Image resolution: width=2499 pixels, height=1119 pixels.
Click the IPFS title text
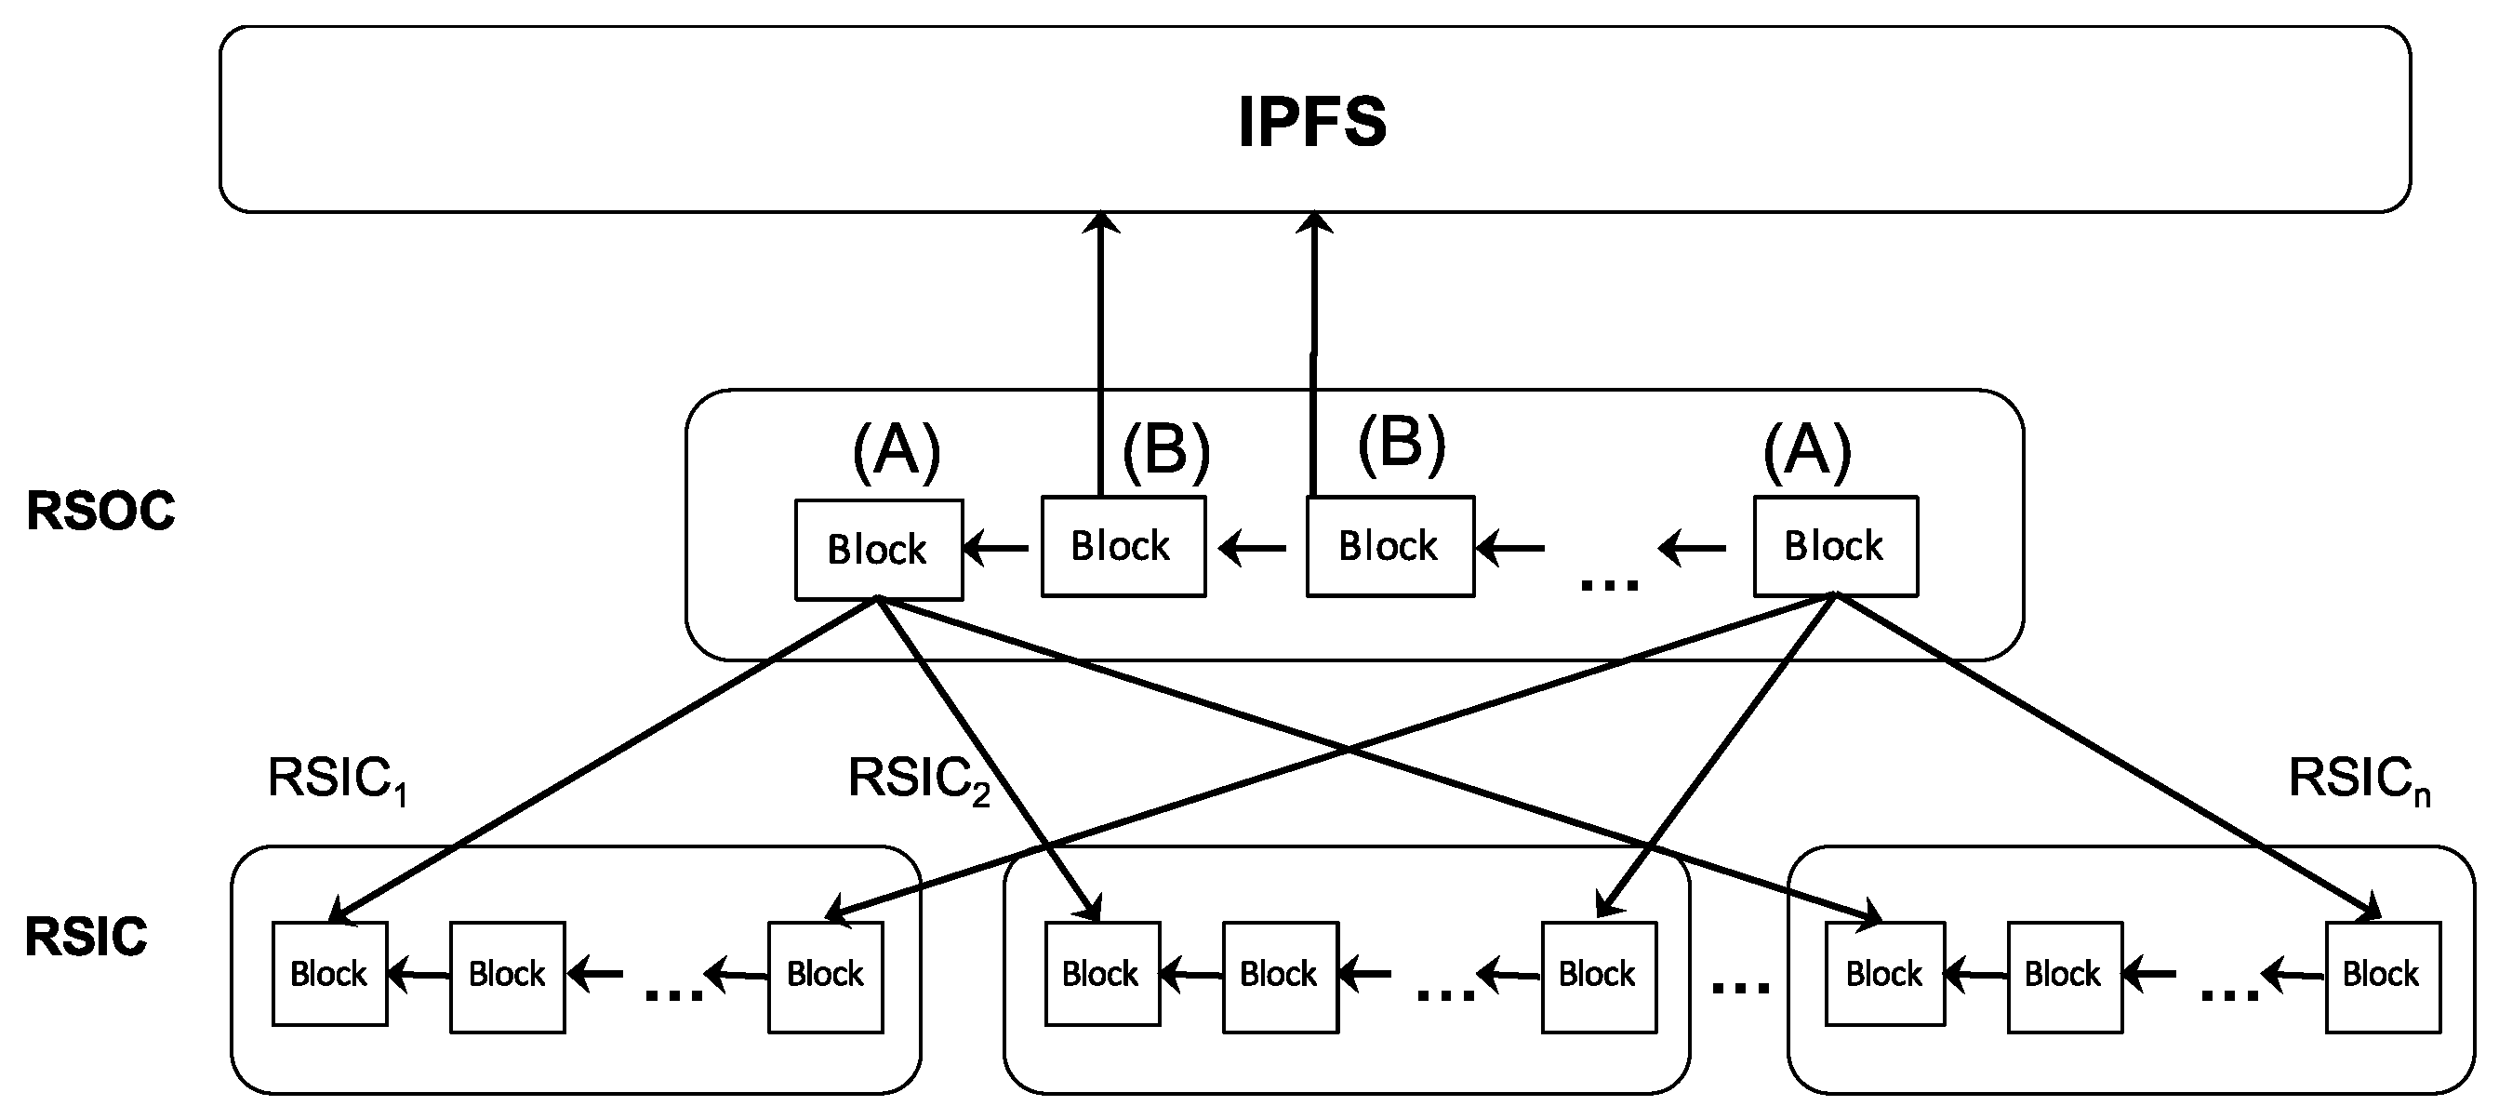pos(1311,122)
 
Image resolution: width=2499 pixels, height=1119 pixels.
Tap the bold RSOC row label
pos(100,511)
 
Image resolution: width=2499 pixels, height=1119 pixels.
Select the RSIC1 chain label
pos(336,780)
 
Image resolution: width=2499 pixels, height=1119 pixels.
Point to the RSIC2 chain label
pos(918,780)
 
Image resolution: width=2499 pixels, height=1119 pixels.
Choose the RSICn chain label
pos(2358,780)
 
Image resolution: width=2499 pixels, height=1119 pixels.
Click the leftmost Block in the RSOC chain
pos(878,551)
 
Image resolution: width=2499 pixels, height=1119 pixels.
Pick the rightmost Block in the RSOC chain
pos(1834,546)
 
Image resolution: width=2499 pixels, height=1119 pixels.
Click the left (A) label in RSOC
pos(897,452)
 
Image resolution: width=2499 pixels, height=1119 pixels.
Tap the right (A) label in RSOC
pos(1806,452)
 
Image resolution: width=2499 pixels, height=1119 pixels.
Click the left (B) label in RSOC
pos(1166,452)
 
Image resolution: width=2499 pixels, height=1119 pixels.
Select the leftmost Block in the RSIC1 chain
pos(329,973)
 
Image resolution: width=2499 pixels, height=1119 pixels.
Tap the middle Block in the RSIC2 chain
pos(1279,975)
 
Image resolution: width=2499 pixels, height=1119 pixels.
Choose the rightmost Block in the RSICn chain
pos(2382,975)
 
